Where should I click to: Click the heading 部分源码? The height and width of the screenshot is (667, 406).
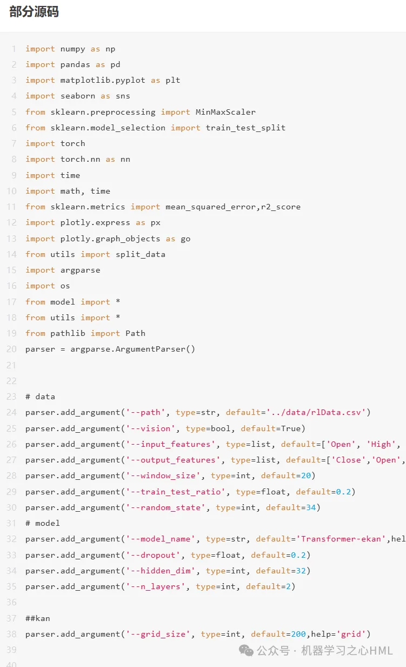point(34,12)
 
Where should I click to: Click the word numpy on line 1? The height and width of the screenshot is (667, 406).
point(73,49)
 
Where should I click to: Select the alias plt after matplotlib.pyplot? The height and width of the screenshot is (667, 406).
point(173,80)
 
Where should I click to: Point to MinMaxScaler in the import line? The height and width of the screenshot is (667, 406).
point(225,112)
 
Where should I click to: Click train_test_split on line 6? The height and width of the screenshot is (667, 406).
point(245,128)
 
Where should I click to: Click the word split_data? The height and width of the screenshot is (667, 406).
point(141,254)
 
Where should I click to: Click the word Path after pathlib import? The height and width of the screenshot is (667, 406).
point(135,333)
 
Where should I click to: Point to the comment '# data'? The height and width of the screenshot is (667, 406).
point(40,397)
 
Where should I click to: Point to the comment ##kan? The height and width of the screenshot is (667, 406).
point(38,618)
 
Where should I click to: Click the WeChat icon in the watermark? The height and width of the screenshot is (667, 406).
point(247,650)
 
